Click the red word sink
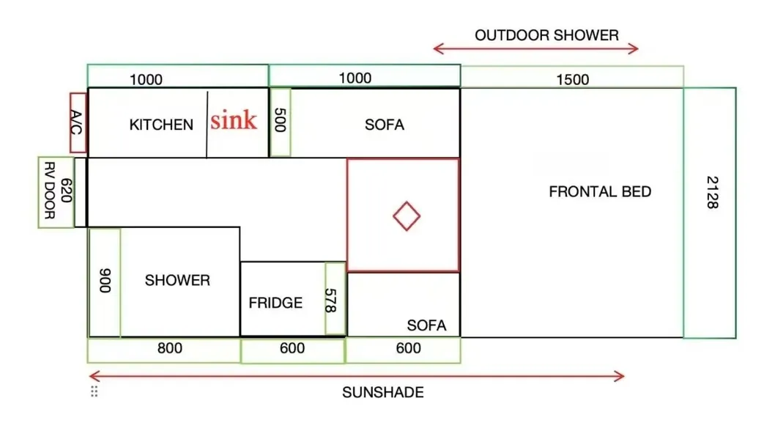click(234, 120)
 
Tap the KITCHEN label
click(161, 125)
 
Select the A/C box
click(78, 122)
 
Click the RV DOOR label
click(49, 191)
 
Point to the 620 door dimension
click(66, 191)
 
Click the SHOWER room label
click(177, 281)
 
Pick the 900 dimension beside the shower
click(105, 281)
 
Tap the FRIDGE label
click(275, 303)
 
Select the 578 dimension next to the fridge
click(330, 301)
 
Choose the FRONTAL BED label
click(600, 191)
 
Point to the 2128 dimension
click(712, 193)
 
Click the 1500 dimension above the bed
click(572, 80)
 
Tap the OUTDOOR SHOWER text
click(546, 36)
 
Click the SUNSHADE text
click(383, 392)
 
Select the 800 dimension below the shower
click(169, 348)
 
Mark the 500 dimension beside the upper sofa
click(280, 120)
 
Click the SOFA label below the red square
click(426, 325)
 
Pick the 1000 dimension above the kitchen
click(146, 80)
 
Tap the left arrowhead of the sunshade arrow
click(91, 376)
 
